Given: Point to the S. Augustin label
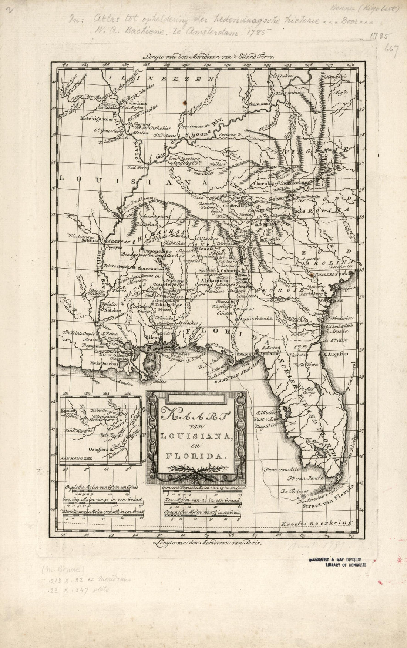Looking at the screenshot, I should coord(335,354).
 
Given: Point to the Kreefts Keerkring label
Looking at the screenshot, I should coord(315,523).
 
